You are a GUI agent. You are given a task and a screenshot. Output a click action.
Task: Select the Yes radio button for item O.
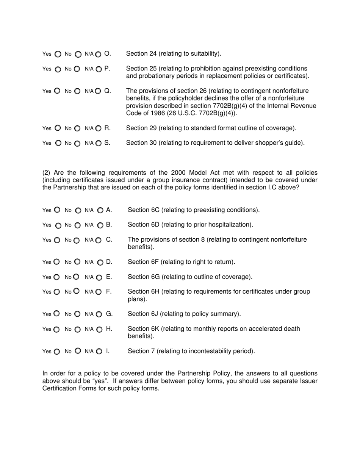58,55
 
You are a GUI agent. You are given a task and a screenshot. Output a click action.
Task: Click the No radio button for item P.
77,69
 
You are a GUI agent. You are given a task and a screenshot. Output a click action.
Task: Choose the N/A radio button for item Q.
98,91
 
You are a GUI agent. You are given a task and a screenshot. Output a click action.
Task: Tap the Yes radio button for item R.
58,128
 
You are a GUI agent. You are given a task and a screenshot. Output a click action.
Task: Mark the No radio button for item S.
77,144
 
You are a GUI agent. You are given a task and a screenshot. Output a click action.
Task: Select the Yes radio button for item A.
57,210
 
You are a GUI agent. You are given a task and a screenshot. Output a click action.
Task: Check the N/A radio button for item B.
100,225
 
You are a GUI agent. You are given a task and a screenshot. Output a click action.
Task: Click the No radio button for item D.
77,262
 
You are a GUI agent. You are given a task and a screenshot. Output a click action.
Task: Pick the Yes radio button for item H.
57,330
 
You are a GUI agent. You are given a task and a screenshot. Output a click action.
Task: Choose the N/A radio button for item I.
99,352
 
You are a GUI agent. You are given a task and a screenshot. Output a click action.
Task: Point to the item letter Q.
107,91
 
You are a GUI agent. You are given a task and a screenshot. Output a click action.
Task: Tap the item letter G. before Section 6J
109,314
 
